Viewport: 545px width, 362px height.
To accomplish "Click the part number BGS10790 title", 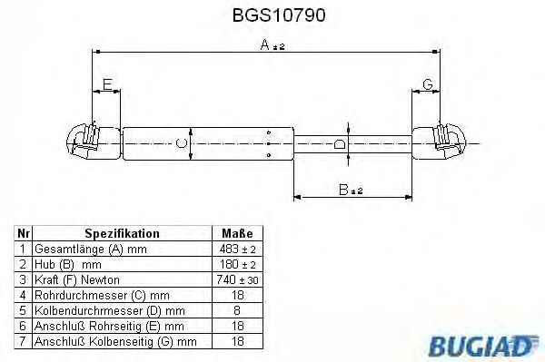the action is (x=279, y=15).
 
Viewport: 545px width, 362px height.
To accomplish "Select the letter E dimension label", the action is (x=107, y=84).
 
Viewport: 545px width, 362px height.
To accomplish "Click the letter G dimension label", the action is (x=428, y=84).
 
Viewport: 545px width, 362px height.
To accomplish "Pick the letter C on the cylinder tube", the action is (x=181, y=143).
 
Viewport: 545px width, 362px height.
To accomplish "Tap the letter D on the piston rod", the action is (x=339, y=143).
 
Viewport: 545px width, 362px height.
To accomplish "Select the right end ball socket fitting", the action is (x=450, y=140).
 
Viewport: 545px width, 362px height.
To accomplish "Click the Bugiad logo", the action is (x=484, y=345).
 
